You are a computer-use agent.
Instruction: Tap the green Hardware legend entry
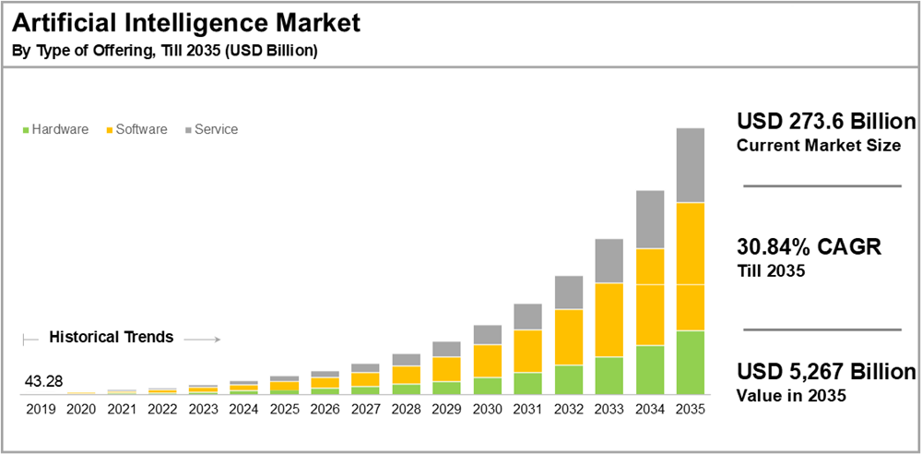[x=55, y=129]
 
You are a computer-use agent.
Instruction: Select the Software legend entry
[x=136, y=129]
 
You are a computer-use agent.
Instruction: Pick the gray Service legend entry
[x=211, y=129]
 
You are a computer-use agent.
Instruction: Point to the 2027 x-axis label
[x=365, y=409]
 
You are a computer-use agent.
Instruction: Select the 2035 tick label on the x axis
[x=691, y=409]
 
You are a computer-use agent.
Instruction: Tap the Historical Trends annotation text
[x=111, y=337]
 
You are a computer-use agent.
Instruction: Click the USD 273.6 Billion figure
[x=826, y=122]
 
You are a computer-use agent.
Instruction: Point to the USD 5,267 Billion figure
[x=826, y=372]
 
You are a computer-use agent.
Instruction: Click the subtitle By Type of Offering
[x=164, y=51]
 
